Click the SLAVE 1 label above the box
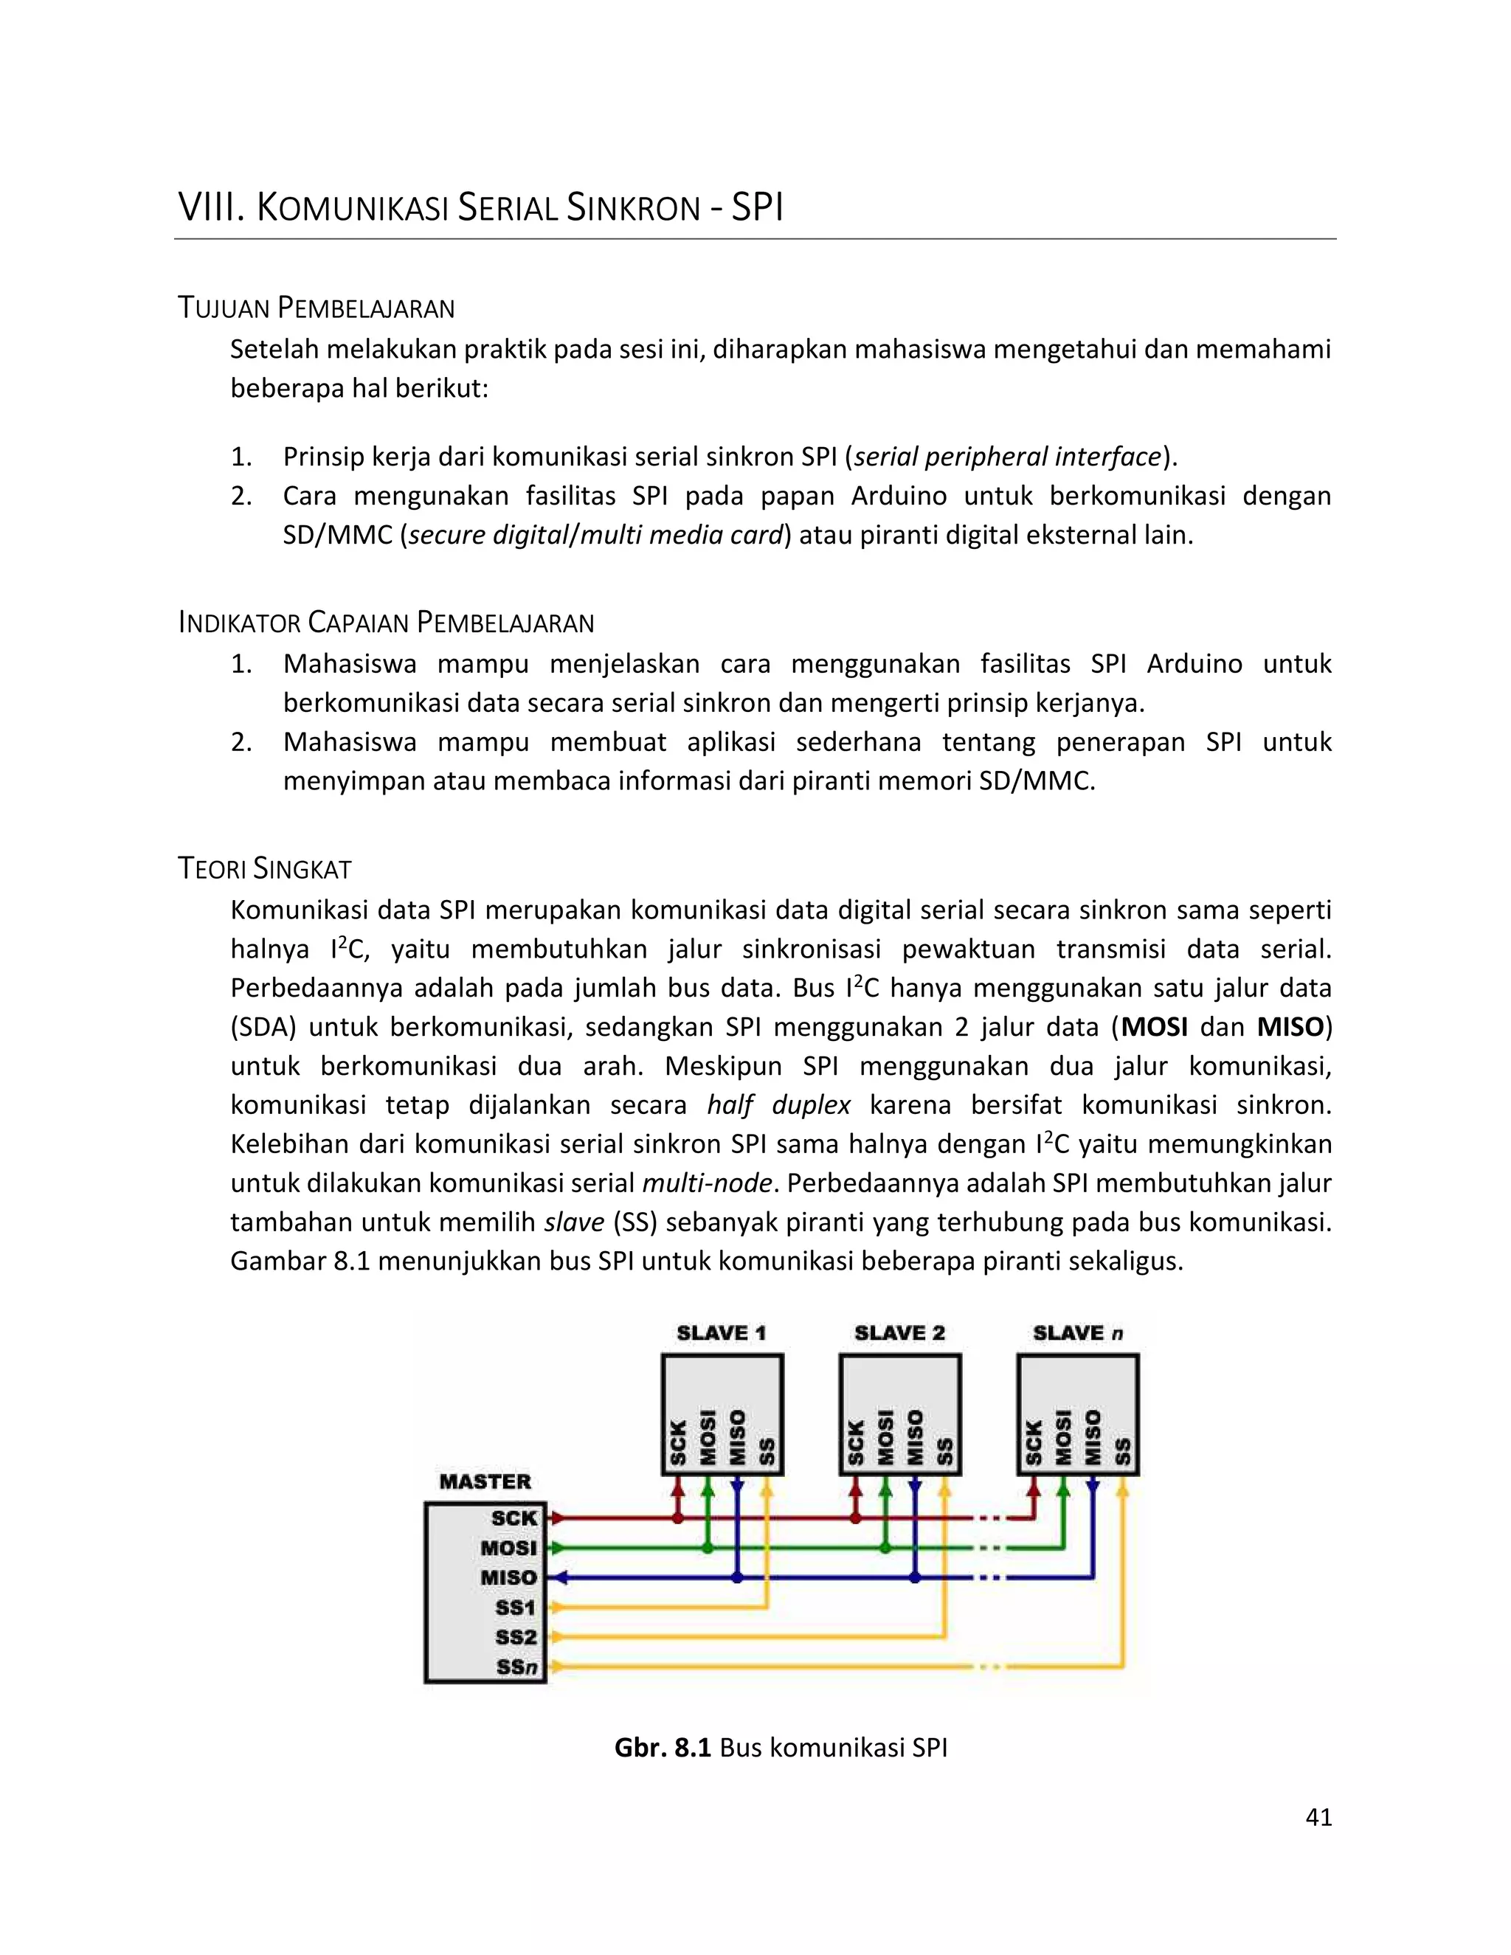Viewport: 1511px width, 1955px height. tap(722, 1333)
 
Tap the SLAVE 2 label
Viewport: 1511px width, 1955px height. tap(899, 1333)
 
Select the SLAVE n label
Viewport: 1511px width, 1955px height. tap(1078, 1333)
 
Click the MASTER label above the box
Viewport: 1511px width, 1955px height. tap(485, 1481)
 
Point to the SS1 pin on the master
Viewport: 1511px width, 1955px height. tap(516, 1608)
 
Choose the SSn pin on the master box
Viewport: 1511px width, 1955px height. tap(516, 1667)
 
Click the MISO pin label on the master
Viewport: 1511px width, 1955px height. tap(508, 1577)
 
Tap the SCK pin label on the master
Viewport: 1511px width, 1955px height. tap(514, 1518)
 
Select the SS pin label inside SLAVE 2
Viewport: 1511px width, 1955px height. tap(944, 1450)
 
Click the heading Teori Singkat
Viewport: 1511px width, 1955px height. tap(265, 868)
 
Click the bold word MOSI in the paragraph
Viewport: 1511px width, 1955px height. tap(1155, 1027)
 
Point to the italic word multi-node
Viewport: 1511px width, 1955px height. tap(707, 1183)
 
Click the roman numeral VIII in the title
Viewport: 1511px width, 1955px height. tap(211, 208)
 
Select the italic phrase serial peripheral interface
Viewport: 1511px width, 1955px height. tap(1008, 457)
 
